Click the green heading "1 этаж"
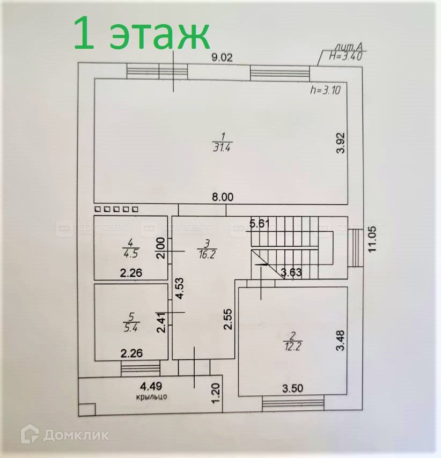coord(141,33)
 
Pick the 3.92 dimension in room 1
coord(339,144)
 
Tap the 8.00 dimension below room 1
coord(222,197)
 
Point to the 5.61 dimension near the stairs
coord(260,224)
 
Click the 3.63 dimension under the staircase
coord(291,272)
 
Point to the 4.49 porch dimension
coord(151,386)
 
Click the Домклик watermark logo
coord(65,434)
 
